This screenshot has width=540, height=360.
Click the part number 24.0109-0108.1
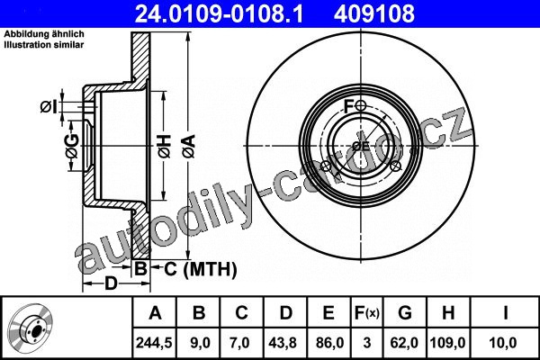coord(219,13)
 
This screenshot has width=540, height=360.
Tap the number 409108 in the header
coord(374,13)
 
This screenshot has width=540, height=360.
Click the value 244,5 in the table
coord(154,343)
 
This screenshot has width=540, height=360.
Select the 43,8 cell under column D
coord(283,343)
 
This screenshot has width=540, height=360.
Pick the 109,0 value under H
coord(447,343)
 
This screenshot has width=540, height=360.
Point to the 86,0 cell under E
coord(329,343)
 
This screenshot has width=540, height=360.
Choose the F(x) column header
coord(367,313)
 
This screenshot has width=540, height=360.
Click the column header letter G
coord(405,313)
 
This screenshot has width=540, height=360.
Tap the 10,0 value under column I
coord(503,343)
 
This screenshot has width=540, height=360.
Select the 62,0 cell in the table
coord(404,343)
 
